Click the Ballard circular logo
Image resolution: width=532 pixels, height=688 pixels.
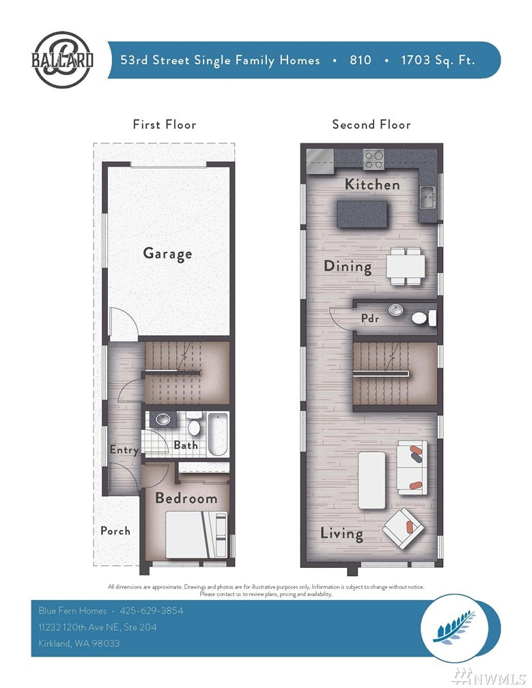click(62, 59)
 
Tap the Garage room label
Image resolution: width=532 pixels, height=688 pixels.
click(168, 254)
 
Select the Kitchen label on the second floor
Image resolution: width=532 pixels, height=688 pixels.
click(372, 184)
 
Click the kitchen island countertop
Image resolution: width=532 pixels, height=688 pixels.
click(363, 214)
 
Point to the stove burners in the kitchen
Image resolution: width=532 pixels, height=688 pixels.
click(374, 159)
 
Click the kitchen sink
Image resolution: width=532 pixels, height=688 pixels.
click(427, 197)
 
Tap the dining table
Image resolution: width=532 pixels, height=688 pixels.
click(406, 266)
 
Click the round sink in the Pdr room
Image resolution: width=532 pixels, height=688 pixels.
click(396, 310)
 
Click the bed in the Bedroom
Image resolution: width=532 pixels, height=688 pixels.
click(197, 535)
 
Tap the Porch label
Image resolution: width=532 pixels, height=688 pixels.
click(115, 531)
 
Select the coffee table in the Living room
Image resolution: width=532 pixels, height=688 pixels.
click(372, 481)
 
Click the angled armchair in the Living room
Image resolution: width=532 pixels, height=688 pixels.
click(404, 528)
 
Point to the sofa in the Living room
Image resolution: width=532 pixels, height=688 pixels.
click(412, 468)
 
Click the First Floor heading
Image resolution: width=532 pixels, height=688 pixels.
click(165, 125)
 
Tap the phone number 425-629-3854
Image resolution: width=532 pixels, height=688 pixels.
click(152, 610)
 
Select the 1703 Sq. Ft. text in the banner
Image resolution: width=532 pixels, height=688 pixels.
click(438, 60)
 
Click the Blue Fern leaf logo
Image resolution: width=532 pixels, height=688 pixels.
click(454, 628)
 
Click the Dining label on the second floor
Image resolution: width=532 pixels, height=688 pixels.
click(348, 266)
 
